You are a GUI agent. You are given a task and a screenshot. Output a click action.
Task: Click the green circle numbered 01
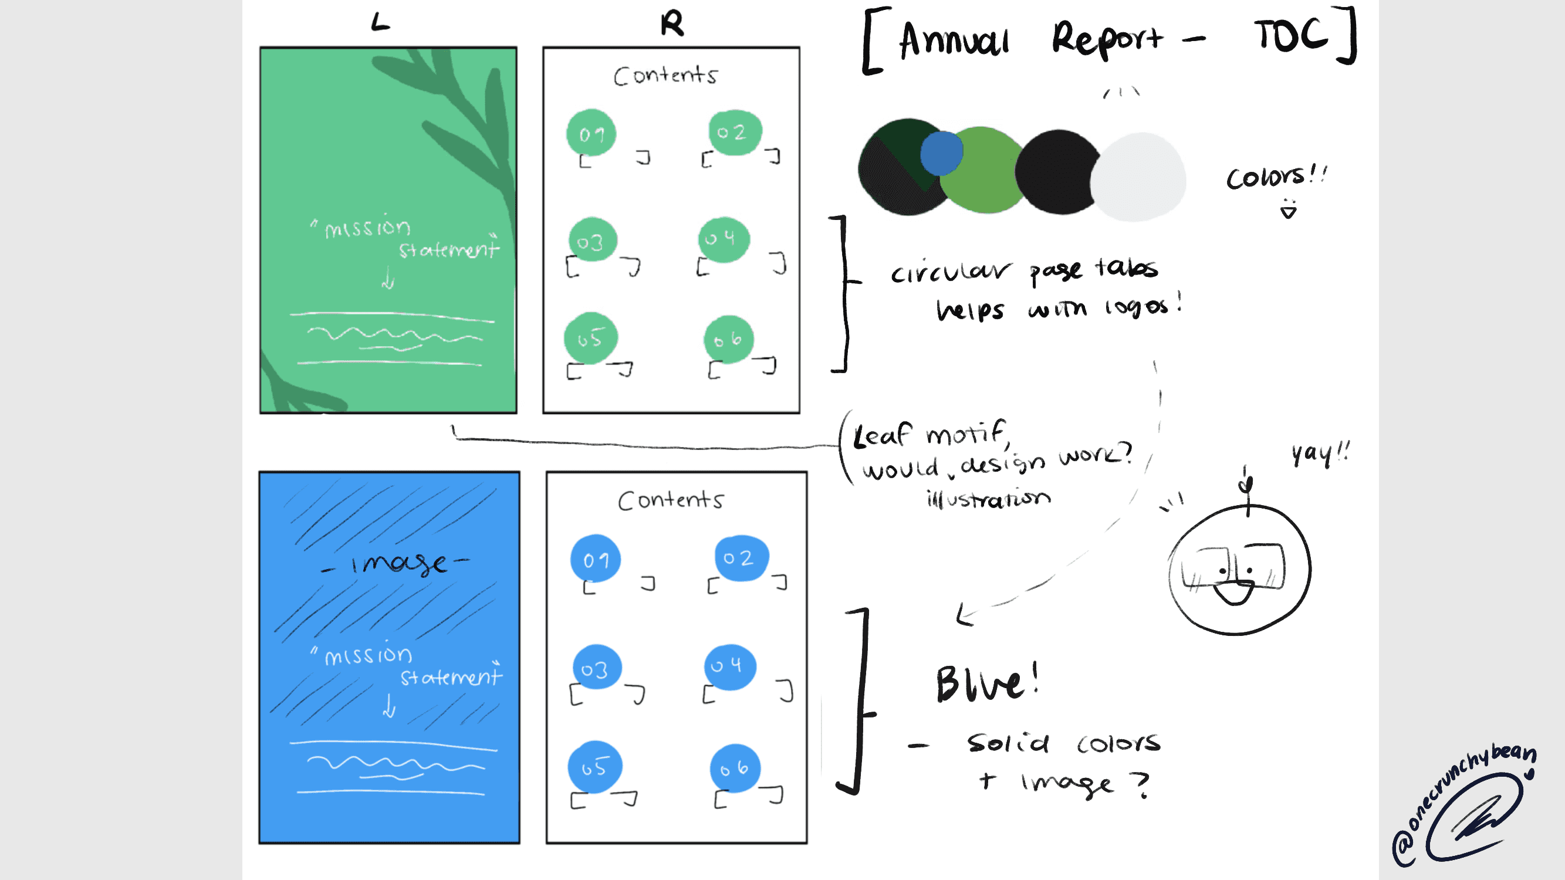coord(591,133)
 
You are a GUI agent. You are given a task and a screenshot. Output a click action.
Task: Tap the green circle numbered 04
coord(724,239)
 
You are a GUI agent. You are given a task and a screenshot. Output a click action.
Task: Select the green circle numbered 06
coord(728,339)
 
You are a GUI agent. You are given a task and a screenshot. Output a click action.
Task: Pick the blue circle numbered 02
coord(741,557)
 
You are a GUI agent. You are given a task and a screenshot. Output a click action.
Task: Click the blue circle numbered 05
coord(594,766)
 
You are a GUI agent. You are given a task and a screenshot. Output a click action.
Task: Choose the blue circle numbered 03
coord(597,668)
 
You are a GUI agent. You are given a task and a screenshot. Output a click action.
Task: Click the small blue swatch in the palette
coord(941,153)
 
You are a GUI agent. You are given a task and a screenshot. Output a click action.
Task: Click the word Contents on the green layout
coord(665,76)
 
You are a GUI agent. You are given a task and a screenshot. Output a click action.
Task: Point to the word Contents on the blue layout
coord(670,500)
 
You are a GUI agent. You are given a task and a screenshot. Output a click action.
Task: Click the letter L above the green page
coord(380,23)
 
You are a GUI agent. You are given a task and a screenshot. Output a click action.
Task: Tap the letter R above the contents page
coord(672,24)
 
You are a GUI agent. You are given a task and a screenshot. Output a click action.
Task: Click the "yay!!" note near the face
coord(1320,453)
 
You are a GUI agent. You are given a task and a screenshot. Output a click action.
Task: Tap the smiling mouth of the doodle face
coord(1233,592)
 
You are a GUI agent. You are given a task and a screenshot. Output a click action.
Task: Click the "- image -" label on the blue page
coord(396,564)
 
